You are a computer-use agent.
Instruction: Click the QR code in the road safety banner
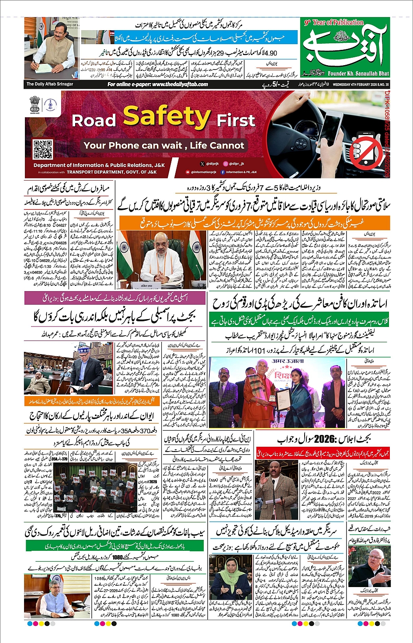click(x=43, y=149)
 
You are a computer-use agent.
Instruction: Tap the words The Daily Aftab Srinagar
click(x=50, y=84)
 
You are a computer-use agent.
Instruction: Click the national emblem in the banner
click(x=35, y=104)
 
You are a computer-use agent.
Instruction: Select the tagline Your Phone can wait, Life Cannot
click(x=164, y=146)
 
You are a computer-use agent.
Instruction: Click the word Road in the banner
click(x=94, y=120)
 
